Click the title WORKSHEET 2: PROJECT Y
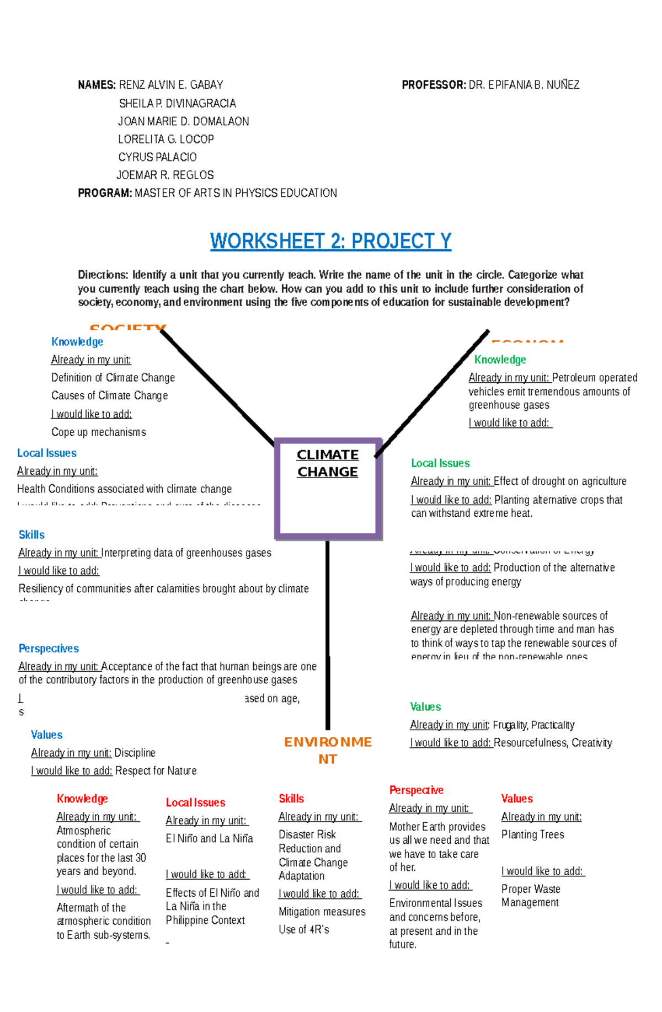330,242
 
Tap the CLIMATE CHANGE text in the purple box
328,463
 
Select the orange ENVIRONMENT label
328,750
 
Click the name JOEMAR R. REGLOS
165,175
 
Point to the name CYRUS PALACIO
157,157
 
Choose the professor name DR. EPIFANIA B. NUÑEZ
524,85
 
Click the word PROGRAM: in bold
105,193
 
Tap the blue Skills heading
31,534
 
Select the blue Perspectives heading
49,649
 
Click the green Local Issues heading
440,463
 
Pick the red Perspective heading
416,790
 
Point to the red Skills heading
291,799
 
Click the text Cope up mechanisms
99,432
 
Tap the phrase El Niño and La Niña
209,838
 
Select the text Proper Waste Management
531,896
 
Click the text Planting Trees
532,834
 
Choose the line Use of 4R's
303,929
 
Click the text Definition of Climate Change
113,378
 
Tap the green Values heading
425,706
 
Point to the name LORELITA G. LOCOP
165,140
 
